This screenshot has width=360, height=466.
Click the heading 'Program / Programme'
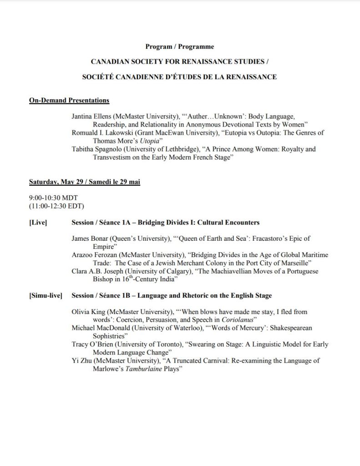(180, 46)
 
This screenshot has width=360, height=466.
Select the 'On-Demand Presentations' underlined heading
(69, 100)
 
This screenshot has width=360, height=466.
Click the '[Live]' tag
(38, 223)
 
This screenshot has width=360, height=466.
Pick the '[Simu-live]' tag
(46, 295)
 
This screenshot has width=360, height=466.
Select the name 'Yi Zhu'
(81, 361)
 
